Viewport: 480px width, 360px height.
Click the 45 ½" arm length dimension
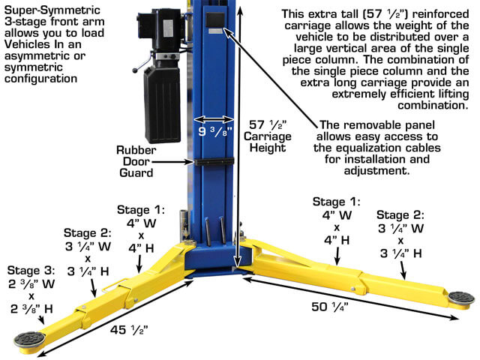(x=129, y=330)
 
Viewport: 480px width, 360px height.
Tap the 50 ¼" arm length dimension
(x=330, y=307)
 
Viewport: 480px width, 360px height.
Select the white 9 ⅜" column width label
(x=215, y=132)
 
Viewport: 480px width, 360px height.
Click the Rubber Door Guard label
(x=136, y=161)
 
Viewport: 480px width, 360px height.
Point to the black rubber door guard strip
(x=214, y=161)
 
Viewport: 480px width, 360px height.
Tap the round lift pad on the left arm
(x=29, y=340)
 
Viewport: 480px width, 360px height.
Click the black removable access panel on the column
(x=215, y=20)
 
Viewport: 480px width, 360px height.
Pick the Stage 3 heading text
(x=31, y=271)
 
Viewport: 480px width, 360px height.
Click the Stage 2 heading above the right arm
(x=400, y=215)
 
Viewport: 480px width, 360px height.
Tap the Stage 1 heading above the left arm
(x=141, y=210)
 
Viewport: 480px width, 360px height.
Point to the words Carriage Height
(x=268, y=142)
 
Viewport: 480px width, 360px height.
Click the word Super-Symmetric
(x=52, y=10)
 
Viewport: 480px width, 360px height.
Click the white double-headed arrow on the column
(x=214, y=119)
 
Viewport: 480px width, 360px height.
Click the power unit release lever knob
(x=135, y=70)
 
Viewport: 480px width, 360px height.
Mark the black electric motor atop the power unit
(x=161, y=31)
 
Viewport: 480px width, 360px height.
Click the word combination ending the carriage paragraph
(x=433, y=106)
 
